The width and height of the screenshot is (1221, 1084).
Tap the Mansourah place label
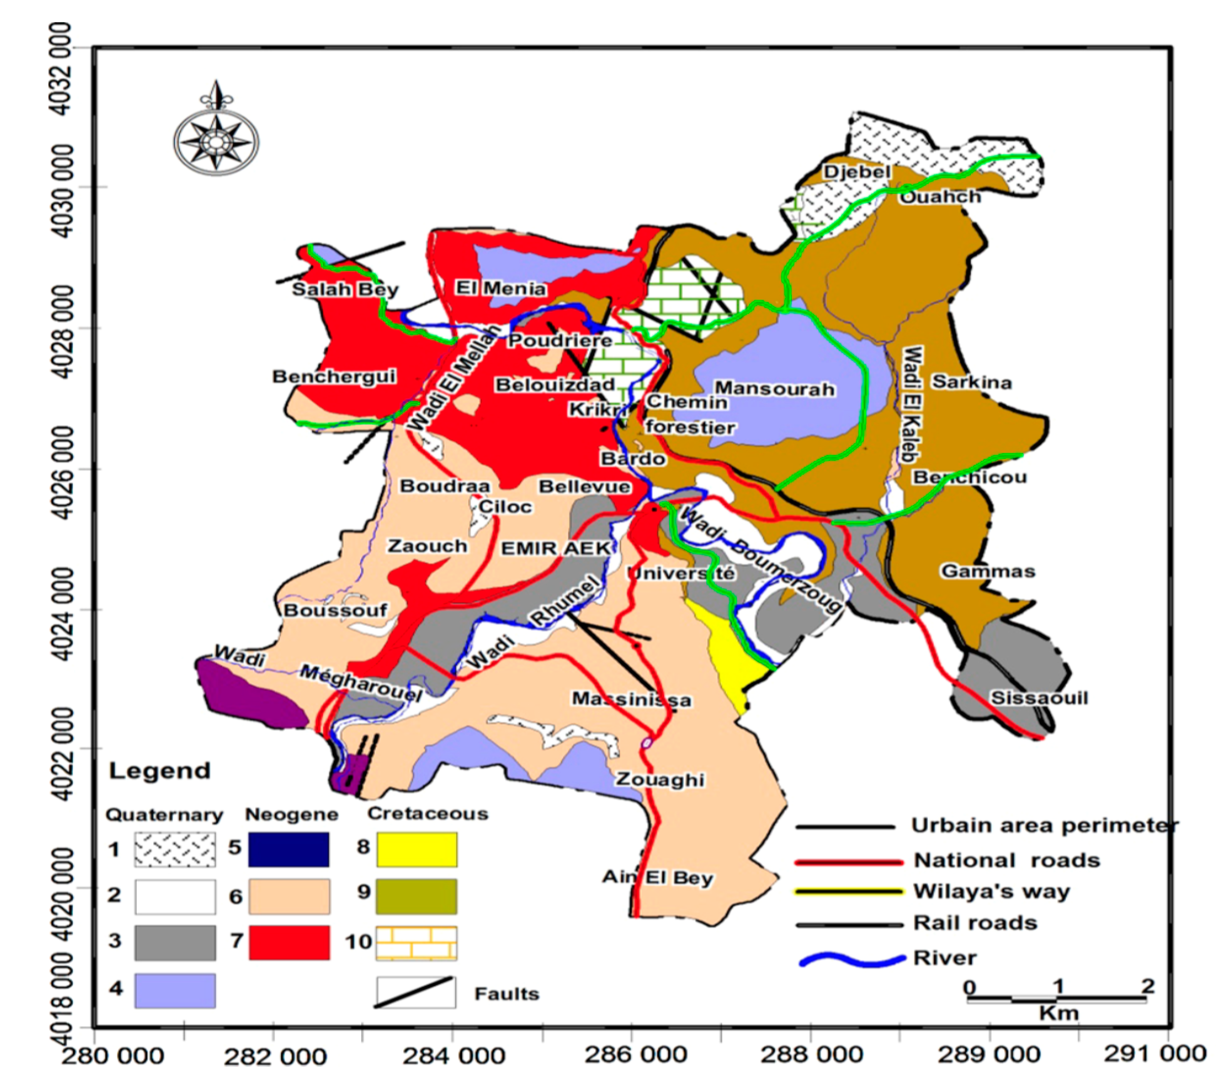[x=774, y=389]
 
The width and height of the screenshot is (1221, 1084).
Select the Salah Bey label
[x=344, y=290]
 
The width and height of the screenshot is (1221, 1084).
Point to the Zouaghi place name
[x=659, y=780]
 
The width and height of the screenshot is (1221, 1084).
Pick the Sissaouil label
[x=1039, y=698]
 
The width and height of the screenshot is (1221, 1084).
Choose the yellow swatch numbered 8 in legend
[x=416, y=849]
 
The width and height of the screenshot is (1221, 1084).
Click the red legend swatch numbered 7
[x=289, y=942]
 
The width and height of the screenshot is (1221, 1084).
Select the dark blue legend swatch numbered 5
[x=289, y=849]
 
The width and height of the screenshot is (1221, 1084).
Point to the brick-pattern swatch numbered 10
[x=416, y=943]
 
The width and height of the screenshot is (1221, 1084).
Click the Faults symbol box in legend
[x=415, y=993]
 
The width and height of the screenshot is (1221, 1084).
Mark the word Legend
[x=160, y=771]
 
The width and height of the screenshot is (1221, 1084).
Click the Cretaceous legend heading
[x=428, y=814]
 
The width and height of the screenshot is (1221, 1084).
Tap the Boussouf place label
[x=335, y=610]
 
